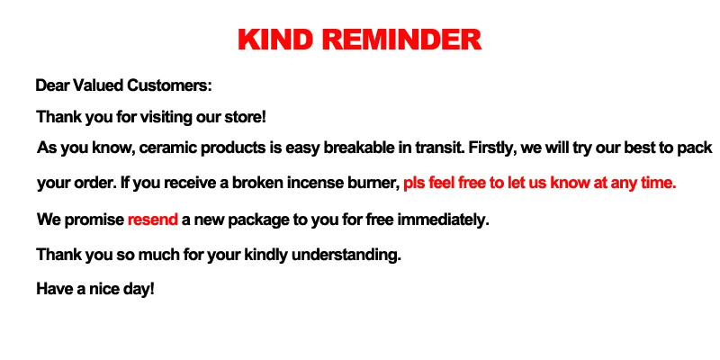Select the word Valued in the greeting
pyautogui.click(x=96, y=86)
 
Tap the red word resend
pyautogui.click(x=152, y=220)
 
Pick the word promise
pyautogui.click(x=94, y=220)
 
